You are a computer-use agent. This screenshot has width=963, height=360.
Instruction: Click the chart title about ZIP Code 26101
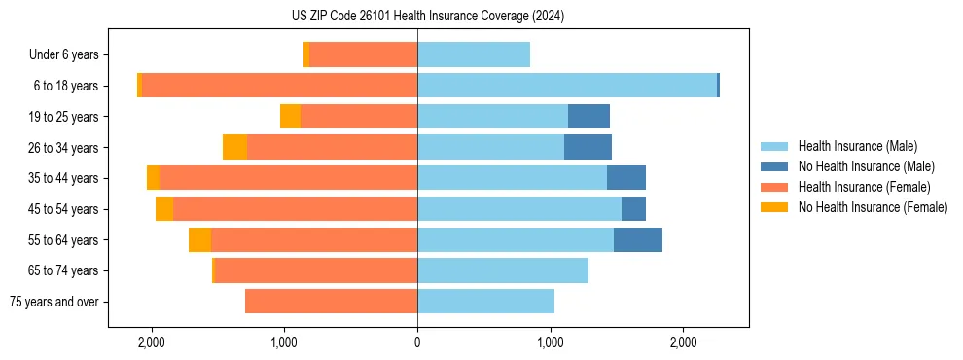[x=427, y=17]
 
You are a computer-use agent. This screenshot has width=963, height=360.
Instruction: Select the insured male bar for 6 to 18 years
[x=566, y=86]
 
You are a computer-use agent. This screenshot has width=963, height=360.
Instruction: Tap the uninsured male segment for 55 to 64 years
[x=638, y=239]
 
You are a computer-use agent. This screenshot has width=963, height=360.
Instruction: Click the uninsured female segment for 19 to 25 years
[x=290, y=117]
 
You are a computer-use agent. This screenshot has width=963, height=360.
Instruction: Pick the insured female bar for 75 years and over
[x=331, y=302]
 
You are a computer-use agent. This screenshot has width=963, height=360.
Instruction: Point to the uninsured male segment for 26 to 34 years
[x=588, y=147]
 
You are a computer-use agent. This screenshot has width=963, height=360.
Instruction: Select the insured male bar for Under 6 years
[x=474, y=54]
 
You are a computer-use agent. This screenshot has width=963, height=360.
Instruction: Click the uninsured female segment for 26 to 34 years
[x=234, y=147]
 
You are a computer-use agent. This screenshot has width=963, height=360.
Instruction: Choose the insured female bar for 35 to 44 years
[x=288, y=178]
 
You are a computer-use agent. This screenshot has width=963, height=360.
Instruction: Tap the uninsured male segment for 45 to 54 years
[x=633, y=209]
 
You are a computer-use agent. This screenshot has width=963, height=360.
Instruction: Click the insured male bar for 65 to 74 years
[x=503, y=270]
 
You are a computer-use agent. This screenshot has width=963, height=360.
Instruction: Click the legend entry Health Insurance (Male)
[x=857, y=146]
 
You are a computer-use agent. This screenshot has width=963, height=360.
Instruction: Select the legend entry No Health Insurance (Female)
[x=873, y=207]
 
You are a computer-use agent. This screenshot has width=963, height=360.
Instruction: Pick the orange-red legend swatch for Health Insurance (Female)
[x=775, y=187]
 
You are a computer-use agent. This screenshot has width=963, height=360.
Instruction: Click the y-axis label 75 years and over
[x=53, y=302]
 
